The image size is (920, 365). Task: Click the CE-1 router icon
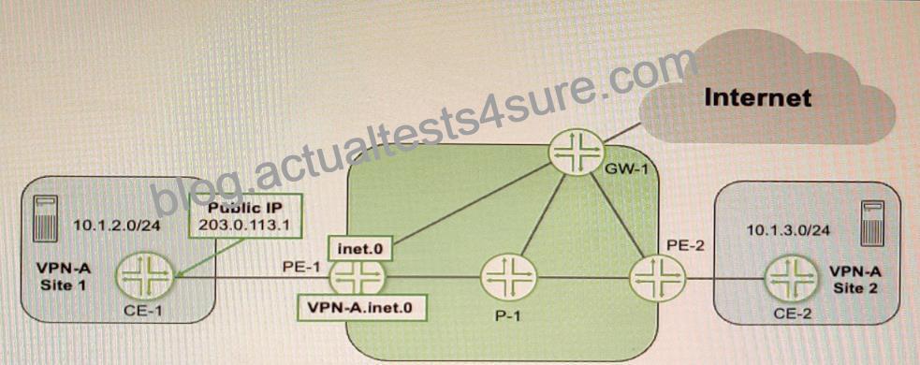(145, 274)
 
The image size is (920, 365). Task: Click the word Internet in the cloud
(757, 97)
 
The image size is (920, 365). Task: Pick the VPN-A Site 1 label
(64, 275)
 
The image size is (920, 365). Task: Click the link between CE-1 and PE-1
(252, 275)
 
